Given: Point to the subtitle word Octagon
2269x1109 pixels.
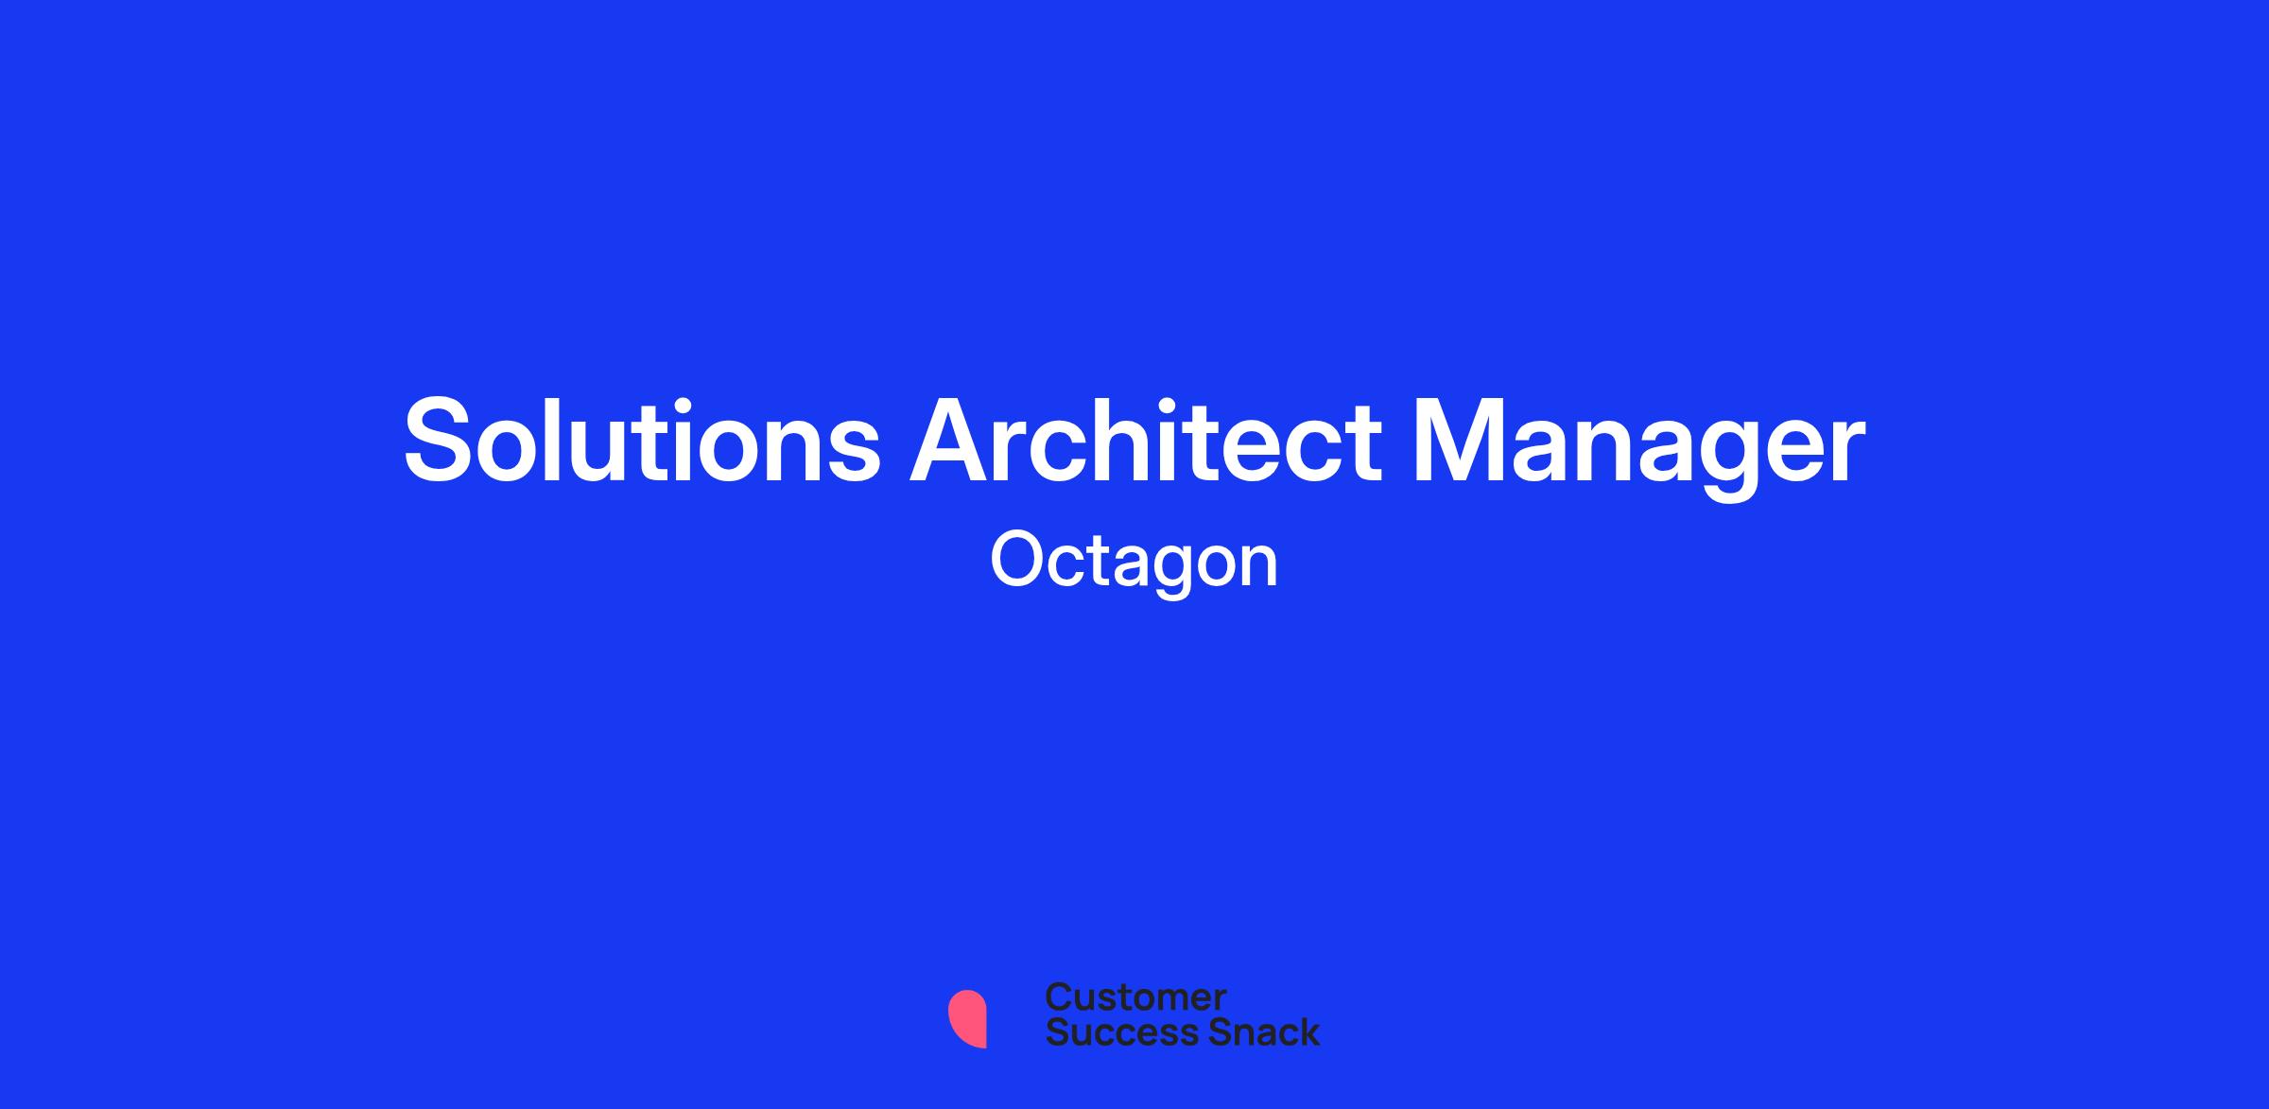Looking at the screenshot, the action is pos(1134,563).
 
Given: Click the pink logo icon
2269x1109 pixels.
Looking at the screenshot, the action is pos(967,1019).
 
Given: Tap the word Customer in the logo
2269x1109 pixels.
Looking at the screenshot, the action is pos(1135,997).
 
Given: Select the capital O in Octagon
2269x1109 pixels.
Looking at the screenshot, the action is pos(1019,561).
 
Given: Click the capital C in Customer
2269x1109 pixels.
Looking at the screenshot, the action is pos(1059,997).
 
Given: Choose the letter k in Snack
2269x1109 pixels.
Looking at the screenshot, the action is pos(1309,1031).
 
